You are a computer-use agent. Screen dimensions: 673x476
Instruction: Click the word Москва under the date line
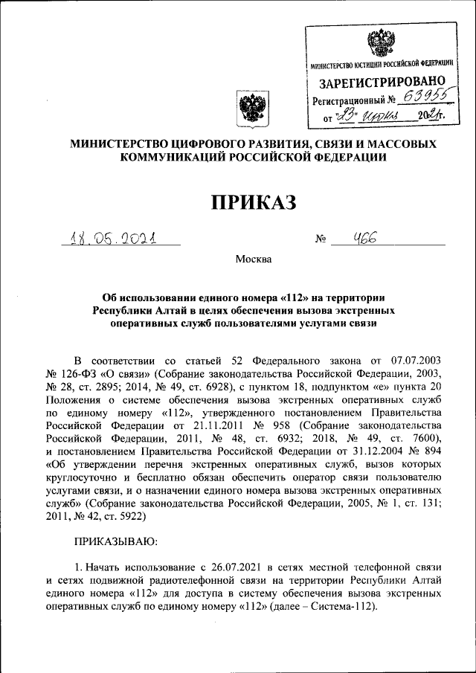coord(254,260)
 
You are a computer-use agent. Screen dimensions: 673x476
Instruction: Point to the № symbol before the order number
coord(321,239)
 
